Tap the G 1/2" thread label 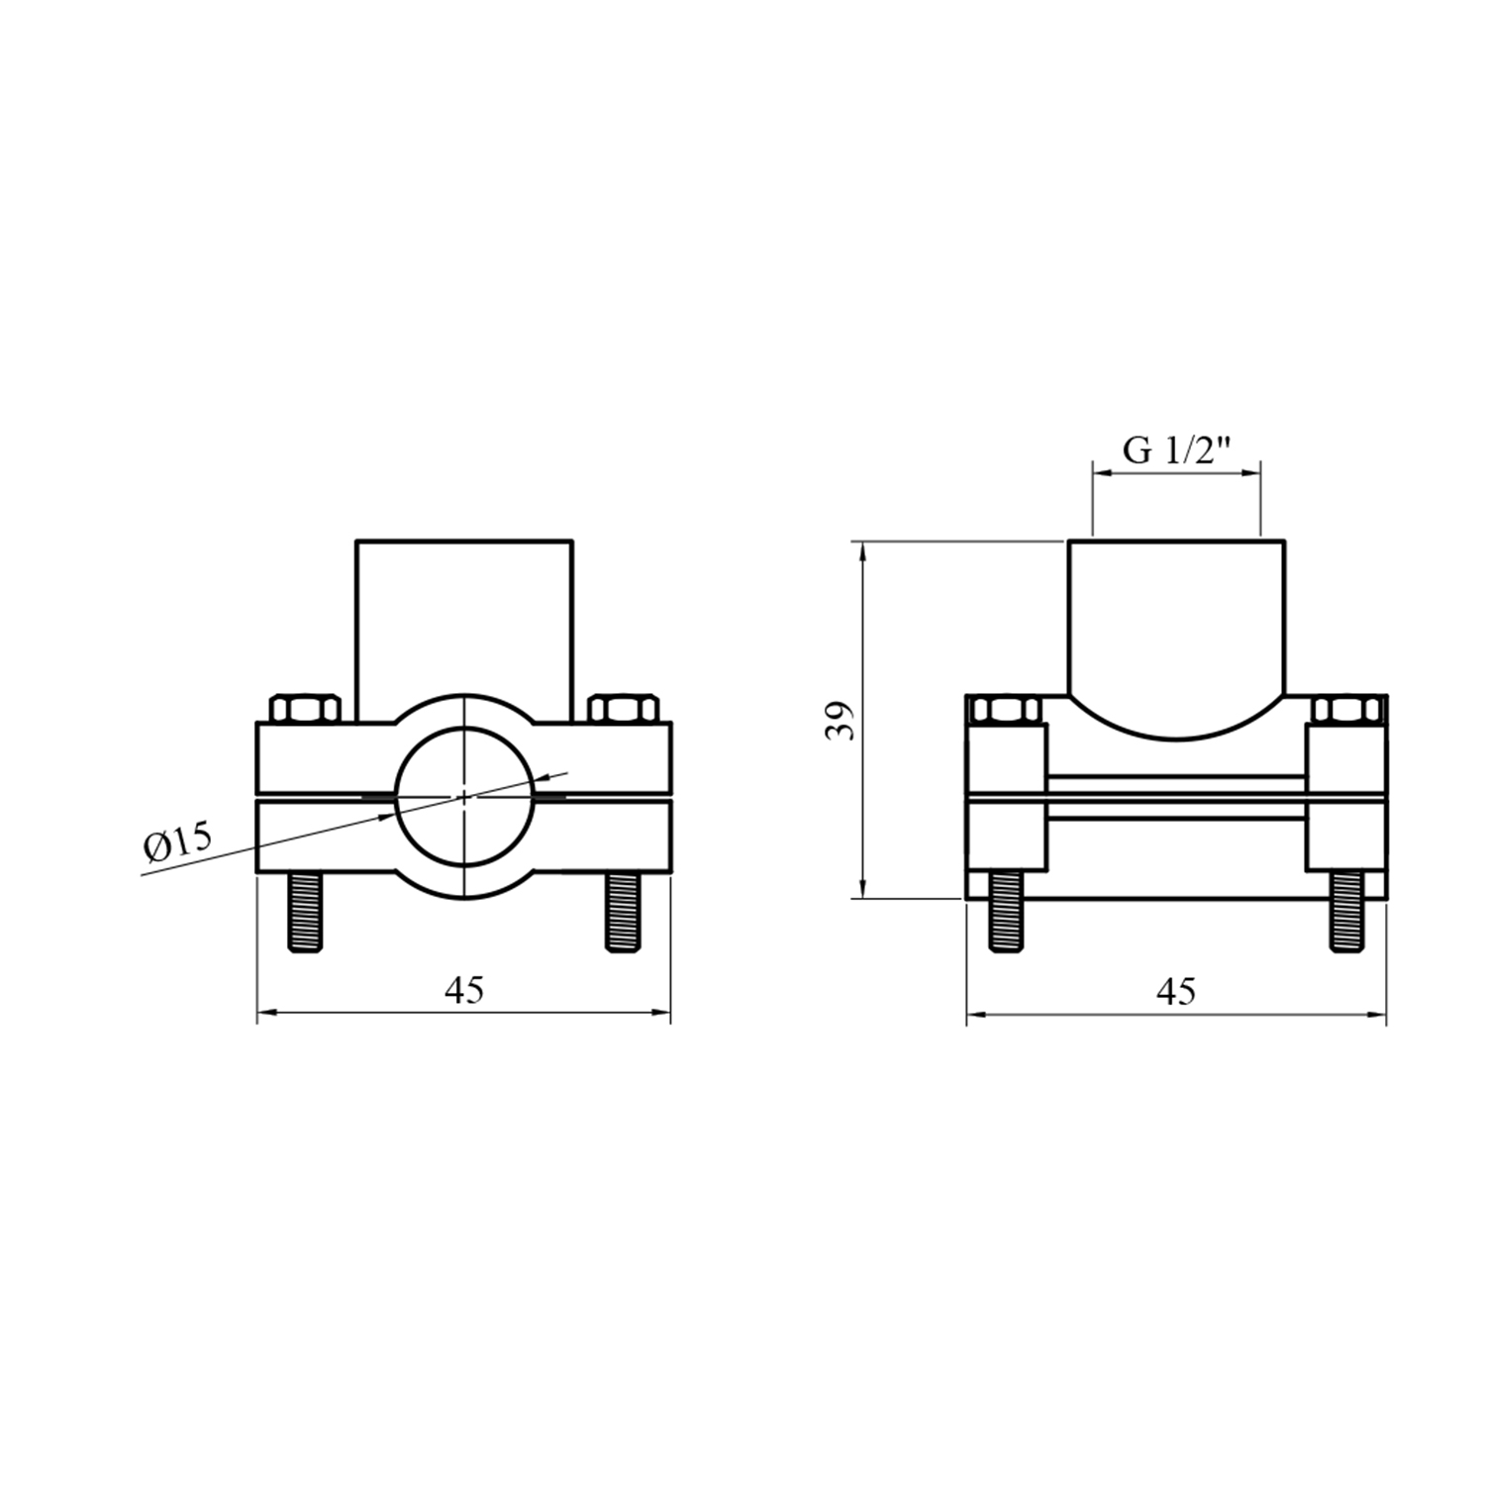[x=1176, y=450]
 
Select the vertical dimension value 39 [x=840, y=720]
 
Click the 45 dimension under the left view [x=463, y=990]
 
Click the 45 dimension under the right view [x=1176, y=990]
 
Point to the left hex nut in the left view [x=305, y=709]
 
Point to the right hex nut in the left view [x=623, y=709]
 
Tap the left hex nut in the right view [x=1007, y=710]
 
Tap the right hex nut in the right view [x=1345, y=710]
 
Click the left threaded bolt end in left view [x=305, y=913]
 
